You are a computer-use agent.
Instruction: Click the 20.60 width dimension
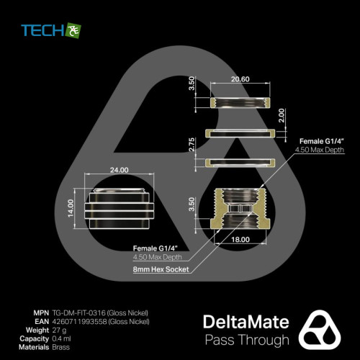point(240,79)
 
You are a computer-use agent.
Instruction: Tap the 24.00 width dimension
point(120,170)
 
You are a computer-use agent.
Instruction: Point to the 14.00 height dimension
point(71,208)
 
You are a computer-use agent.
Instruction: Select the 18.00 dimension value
point(240,239)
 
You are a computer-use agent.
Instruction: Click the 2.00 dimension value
point(282,115)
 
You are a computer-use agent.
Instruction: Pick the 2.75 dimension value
point(192,145)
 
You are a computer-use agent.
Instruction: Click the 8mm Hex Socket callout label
point(161,269)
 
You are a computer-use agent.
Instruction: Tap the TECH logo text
point(42,30)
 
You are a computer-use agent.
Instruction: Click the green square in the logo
point(73,30)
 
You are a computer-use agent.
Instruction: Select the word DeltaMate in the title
point(246,322)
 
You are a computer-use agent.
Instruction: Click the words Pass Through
point(247,340)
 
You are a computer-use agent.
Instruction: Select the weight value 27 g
point(59,330)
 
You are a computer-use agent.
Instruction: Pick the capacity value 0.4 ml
point(61,338)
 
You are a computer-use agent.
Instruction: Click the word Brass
point(61,347)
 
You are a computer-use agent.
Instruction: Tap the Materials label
point(34,347)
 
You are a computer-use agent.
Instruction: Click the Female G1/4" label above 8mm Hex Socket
point(156,248)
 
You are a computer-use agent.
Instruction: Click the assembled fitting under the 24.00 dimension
point(119,208)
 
